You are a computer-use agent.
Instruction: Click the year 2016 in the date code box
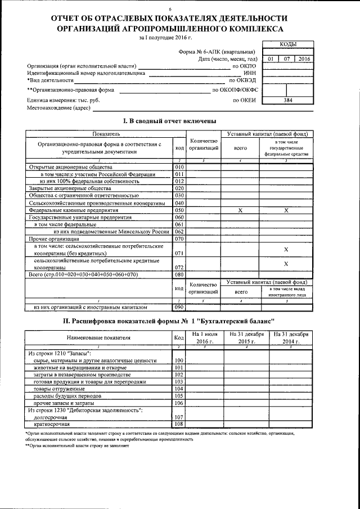point(304,58)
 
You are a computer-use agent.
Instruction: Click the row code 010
point(179,167)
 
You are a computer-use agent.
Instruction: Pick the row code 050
point(179,210)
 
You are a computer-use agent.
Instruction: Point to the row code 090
point(179,308)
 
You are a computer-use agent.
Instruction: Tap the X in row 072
point(286,263)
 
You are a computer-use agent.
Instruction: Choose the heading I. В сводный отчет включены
point(169,121)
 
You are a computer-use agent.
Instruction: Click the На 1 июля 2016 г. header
point(205,337)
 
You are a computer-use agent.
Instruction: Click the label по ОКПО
point(244,66)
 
